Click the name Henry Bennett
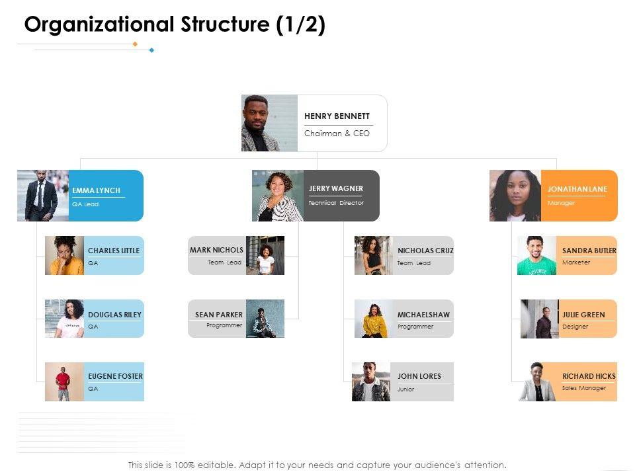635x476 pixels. [x=337, y=116]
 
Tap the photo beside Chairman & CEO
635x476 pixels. [x=269, y=123]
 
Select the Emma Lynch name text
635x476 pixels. [x=97, y=190]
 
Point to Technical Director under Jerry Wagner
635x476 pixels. [x=336, y=203]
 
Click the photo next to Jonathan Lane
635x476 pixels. [x=515, y=195]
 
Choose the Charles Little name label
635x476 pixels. [x=114, y=251]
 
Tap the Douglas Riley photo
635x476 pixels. [x=64, y=319]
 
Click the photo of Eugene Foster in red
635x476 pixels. [x=63, y=381]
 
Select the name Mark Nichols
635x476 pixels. [x=216, y=250]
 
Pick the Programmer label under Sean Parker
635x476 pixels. [x=224, y=325]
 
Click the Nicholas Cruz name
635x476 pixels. [x=425, y=251]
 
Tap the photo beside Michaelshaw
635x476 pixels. [x=374, y=319]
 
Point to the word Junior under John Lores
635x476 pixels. [x=405, y=389]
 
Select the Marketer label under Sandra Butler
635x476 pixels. [x=576, y=262]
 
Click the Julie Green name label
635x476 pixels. [x=583, y=315]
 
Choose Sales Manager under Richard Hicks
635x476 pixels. [x=584, y=388]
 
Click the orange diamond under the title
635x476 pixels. [x=135, y=44]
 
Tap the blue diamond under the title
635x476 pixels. [x=151, y=50]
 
